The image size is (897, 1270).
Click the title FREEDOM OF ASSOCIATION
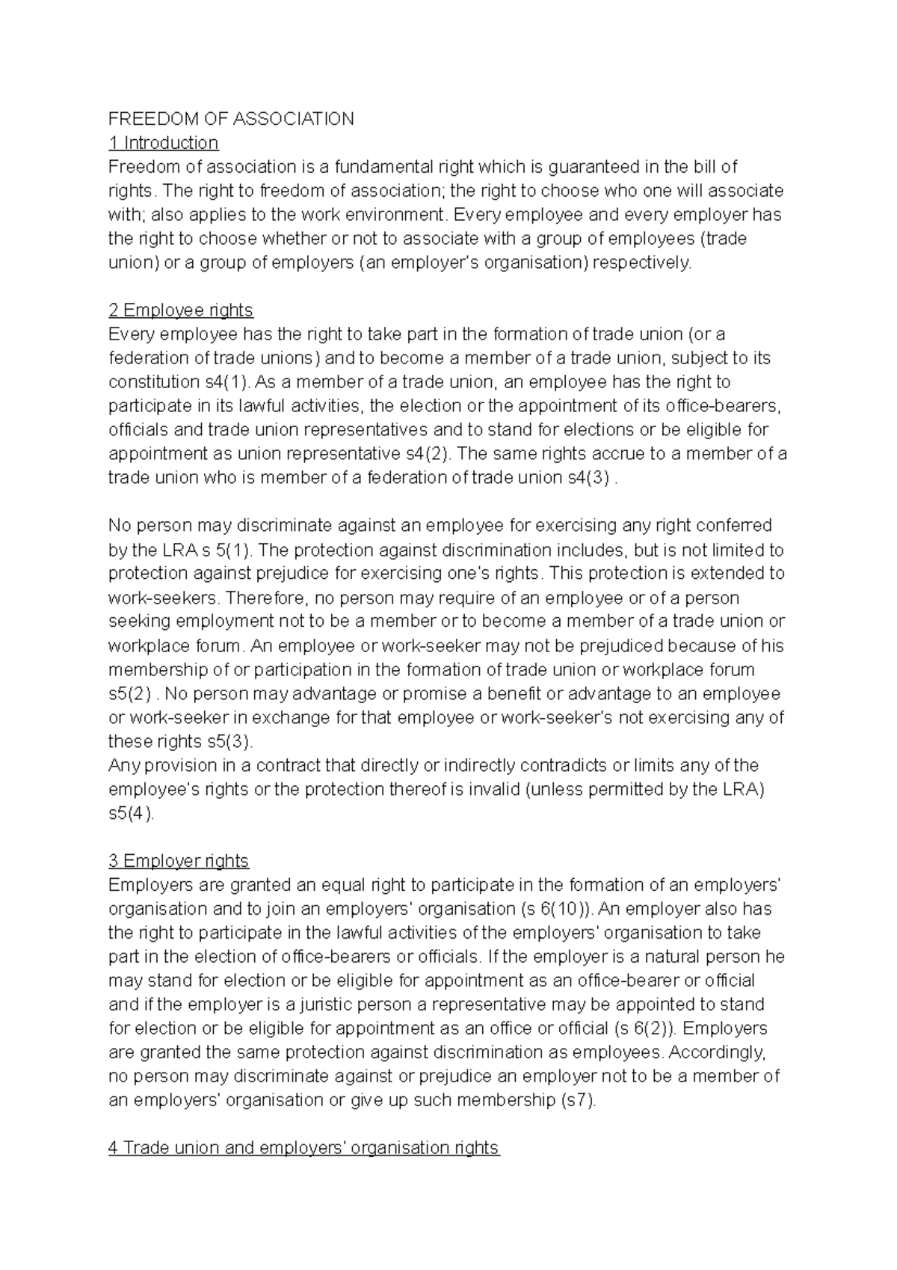click(x=231, y=119)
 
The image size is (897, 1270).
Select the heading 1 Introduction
click(x=163, y=143)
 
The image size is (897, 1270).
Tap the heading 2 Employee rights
click(x=180, y=310)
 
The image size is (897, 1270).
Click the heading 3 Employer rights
click(x=178, y=861)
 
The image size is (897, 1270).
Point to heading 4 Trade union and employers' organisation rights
click(x=303, y=1148)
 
